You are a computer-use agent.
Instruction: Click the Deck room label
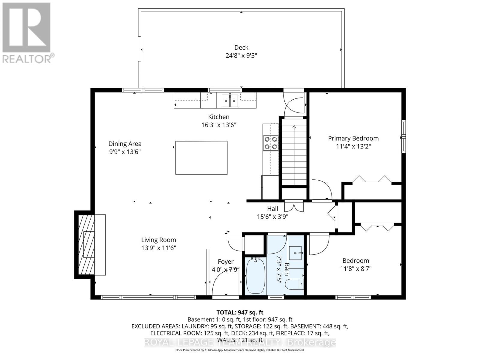241,47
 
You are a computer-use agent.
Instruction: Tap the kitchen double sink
229,101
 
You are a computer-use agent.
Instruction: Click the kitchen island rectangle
201,157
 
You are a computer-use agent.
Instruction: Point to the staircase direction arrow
294,155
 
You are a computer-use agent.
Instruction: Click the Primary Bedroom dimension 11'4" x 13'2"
353,146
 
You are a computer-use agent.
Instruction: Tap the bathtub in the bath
255,276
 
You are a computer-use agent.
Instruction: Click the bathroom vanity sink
295,253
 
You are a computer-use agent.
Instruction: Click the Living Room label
158,240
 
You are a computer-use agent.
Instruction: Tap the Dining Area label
125,144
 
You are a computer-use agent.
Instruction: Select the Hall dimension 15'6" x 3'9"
272,217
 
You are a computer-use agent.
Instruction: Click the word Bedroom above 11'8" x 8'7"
355,260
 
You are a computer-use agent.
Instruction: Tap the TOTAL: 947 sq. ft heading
240,312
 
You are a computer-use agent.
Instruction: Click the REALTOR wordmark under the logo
27,59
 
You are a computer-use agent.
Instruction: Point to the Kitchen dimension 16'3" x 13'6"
219,125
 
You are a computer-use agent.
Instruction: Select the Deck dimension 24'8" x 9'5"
241,55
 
